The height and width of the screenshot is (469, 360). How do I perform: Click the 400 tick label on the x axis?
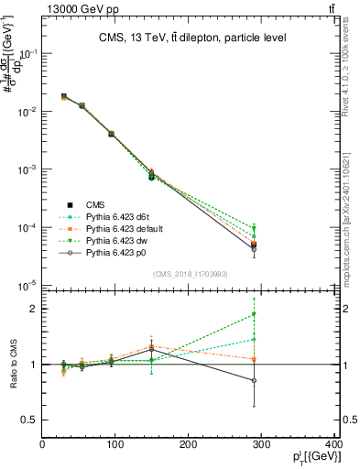coord(333,445)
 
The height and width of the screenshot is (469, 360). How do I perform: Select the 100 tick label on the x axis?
coord(115,445)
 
